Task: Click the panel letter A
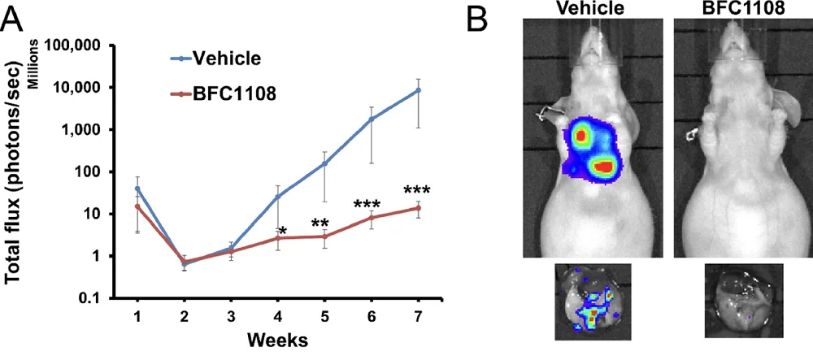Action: pos(14,17)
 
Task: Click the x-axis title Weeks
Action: pos(277,340)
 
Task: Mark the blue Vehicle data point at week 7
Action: pos(419,90)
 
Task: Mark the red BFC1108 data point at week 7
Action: pos(419,208)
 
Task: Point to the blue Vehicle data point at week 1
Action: pos(137,189)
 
